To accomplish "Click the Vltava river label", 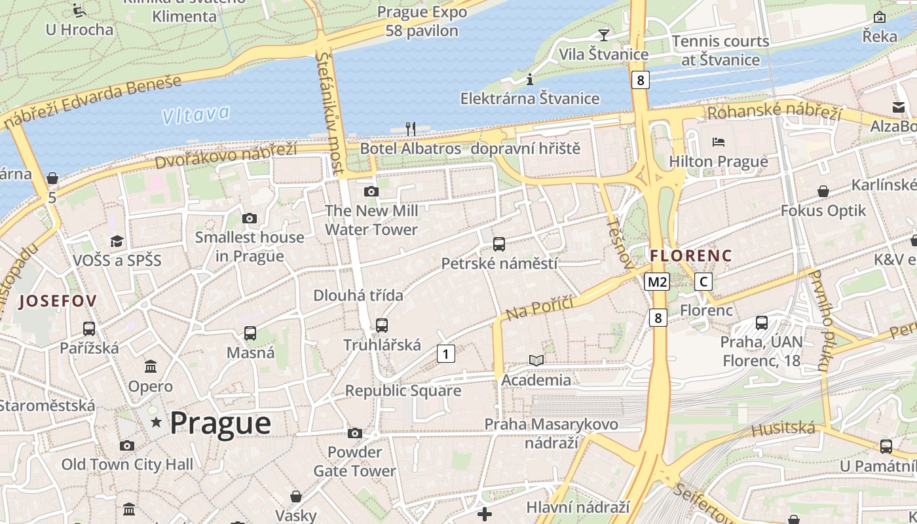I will click(196, 115).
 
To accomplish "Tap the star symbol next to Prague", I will click(156, 422).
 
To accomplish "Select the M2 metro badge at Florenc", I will click(657, 282).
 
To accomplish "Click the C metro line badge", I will click(703, 282).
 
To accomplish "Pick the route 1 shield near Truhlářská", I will click(445, 354).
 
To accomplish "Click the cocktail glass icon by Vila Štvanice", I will click(603, 35).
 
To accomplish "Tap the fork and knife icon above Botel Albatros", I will click(411, 128).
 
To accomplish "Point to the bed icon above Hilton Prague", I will click(718, 141).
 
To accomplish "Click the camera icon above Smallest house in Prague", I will click(249, 218).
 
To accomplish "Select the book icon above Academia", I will click(536, 360).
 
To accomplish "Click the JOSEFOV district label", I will click(58, 301).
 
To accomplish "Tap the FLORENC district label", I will click(691, 255).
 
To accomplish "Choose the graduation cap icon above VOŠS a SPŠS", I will click(117, 241).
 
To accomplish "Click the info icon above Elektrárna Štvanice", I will click(530, 80).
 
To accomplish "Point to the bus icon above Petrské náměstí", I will click(499, 244).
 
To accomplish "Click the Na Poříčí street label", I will click(540, 307).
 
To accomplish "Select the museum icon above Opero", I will click(151, 366).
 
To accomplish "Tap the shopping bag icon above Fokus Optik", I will click(823, 191).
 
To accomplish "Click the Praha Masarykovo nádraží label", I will click(551, 433).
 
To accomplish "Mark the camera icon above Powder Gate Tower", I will click(354, 433).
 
